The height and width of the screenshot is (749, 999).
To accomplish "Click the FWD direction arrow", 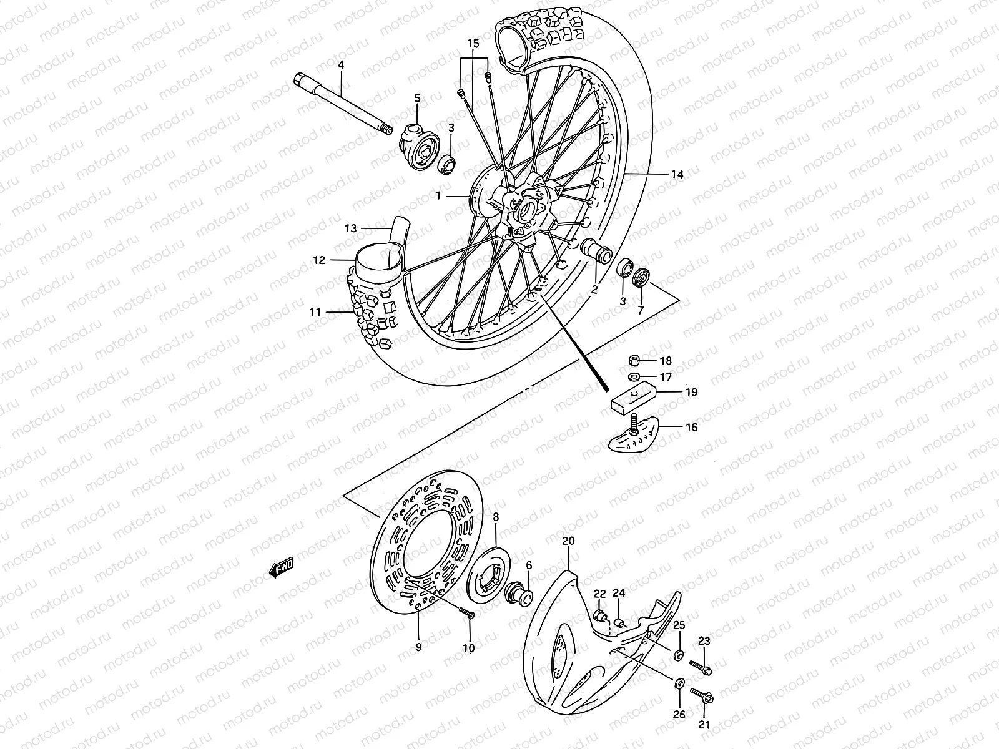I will point(281,566).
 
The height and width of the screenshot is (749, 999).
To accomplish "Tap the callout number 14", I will point(677,175).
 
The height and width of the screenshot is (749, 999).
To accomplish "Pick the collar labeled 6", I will point(519,594).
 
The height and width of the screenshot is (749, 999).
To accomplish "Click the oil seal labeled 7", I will point(641,277).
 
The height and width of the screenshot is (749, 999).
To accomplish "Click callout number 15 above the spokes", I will point(473,44).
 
